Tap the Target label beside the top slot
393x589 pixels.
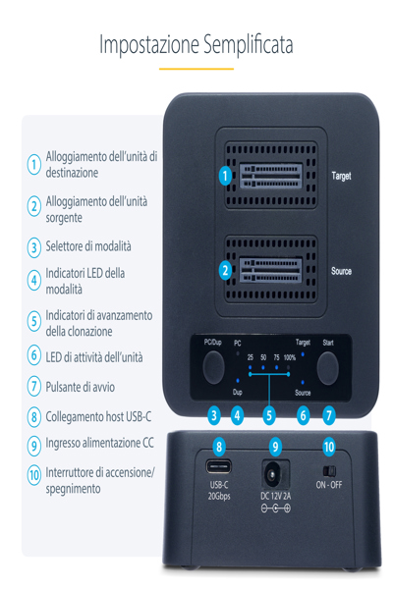click(x=341, y=176)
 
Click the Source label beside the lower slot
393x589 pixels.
click(x=341, y=270)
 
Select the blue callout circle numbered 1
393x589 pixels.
click(x=225, y=177)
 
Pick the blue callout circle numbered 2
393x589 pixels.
click(x=225, y=270)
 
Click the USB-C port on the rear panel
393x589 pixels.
click(x=218, y=466)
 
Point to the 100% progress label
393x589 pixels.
click(x=290, y=357)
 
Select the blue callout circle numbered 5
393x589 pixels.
click(x=269, y=415)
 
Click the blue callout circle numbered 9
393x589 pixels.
click(x=275, y=446)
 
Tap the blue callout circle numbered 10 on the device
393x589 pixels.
click(x=328, y=446)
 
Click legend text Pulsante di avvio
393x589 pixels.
click(x=85, y=387)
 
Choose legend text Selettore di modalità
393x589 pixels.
click(x=88, y=246)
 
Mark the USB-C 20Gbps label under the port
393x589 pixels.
click(x=218, y=491)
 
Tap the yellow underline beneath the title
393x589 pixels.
click(x=196, y=69)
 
